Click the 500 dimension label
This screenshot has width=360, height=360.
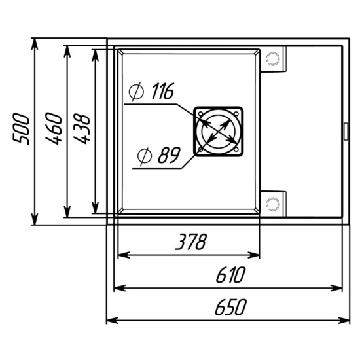click(x=21, y=129)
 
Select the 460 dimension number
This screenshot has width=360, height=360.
click(x=54, y=128)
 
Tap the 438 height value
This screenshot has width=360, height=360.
click(x=81, y=129)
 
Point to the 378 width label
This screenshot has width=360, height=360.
click(x=191, y=242)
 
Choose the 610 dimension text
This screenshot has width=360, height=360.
click(x=231, y=275)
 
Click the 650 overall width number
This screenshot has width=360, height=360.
click(x=230, y=307)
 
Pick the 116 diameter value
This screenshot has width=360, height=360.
click(x=163, y=91)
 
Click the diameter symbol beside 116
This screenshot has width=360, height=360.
click(x=136, y=92)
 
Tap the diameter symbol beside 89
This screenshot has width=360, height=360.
click(x=145, y=156)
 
